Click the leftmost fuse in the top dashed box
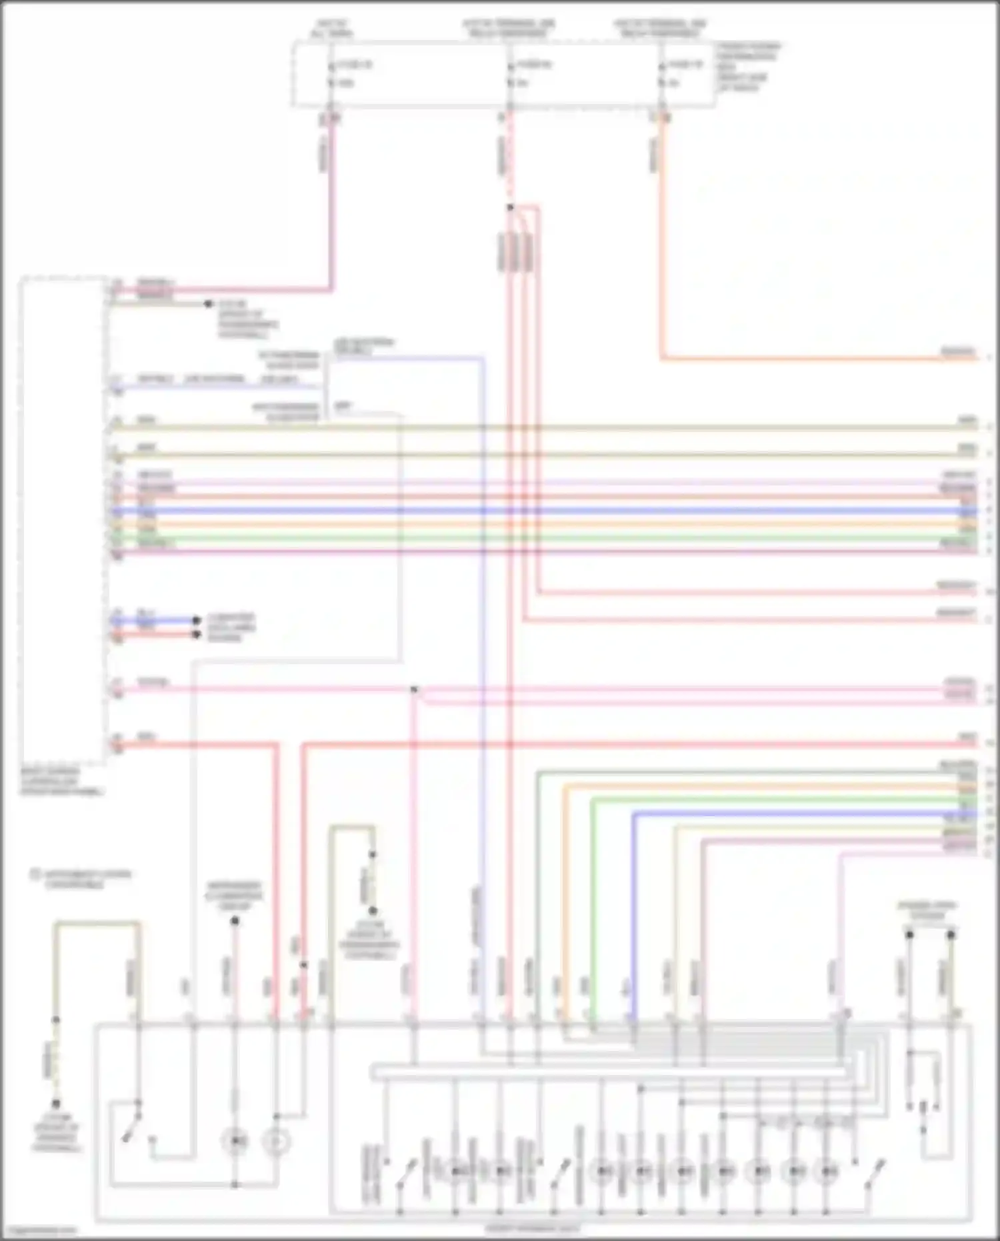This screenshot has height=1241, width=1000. (331, 74)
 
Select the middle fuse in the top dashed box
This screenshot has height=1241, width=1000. (510, 74)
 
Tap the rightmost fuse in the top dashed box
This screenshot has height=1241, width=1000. (661, 74)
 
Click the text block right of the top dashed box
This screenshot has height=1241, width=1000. (748, 67)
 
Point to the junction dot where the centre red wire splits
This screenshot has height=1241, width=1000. (510, 207)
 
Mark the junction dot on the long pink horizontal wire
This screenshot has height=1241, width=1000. (414, 689)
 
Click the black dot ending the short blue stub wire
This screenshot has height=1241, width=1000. (197, 620)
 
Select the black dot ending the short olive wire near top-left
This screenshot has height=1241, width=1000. (208, 304)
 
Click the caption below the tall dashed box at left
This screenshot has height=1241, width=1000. (61, 782)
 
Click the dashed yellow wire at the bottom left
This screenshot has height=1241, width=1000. (56, 1061)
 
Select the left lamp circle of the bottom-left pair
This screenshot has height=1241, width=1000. (235, 1142)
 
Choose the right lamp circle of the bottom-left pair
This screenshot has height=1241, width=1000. (276, 1142)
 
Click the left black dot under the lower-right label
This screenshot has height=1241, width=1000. (909, 935)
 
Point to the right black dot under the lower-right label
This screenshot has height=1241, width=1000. (951, 935)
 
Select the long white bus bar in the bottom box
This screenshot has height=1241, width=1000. (610, 1072)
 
